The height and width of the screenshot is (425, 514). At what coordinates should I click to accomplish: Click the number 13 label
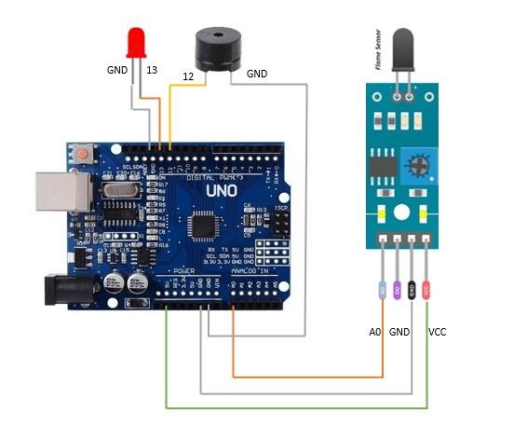click(x=152, y=70)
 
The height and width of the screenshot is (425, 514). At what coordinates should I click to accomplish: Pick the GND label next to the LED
click(x=116, y=70)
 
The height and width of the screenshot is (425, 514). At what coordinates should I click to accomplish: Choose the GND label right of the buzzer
click(x=256, y=73)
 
